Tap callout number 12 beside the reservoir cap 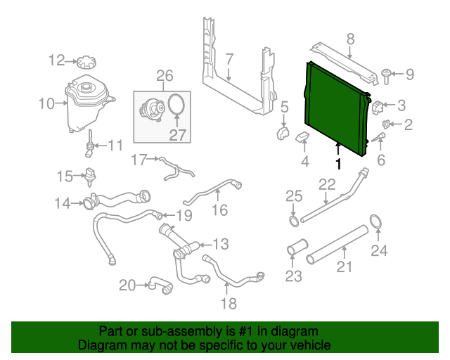pyautogui.click(x=56, y=60)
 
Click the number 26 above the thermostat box pyautogui.click(x=164, y=75)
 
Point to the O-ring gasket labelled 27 pyautogui.click(x=176, y=106)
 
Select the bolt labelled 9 pyautogui.click(x=387, y=72)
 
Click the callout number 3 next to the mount pyautogui.click(x=401, y=106)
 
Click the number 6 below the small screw pyautogui.click(x=381, y=161)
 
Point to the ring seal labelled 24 pyautogui.click(x=376, y=223)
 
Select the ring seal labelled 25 pyautogui.click(x=292, y=222)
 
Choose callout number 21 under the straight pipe pyautogui.click(x=344, y=266)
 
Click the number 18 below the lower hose pyautogui.click(x=229, y=303)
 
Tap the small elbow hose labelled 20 pyautogui.click(x=159, y=285)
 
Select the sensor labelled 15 pyautogui.click(x=90, y=175)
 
